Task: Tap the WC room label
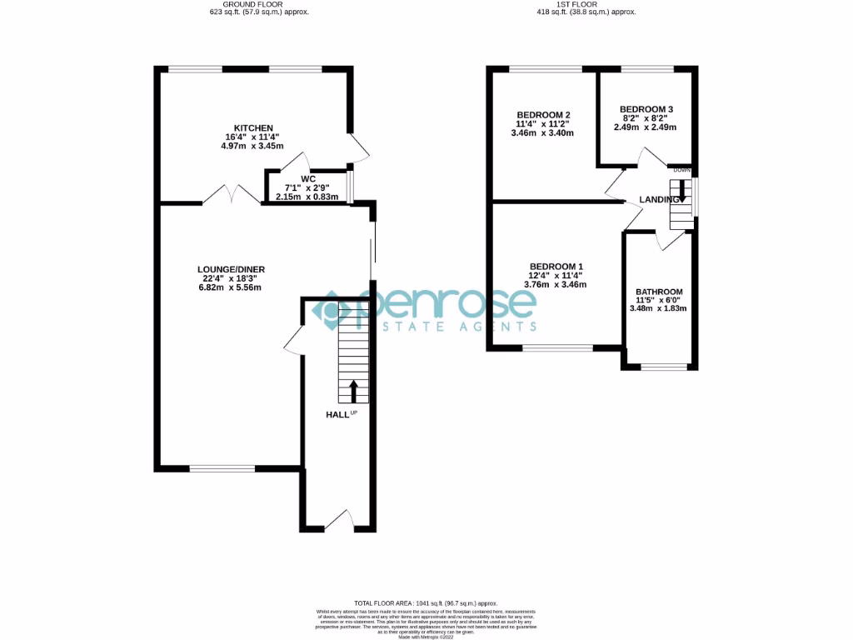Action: [308, 178]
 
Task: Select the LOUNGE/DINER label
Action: [231, 269]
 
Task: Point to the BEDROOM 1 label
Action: [555, 266]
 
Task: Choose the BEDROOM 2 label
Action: [543, 115]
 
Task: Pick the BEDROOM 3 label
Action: [646, 109]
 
